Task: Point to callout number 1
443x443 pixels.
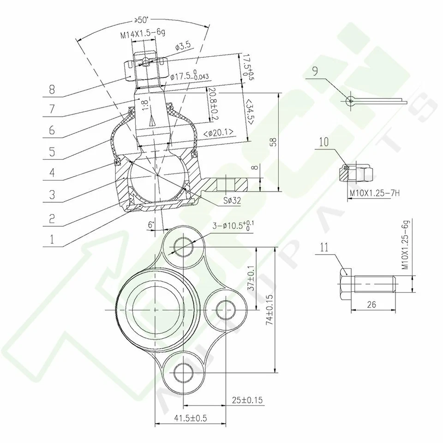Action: [x=51, y=239]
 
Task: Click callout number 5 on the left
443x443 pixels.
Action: [x=51, y=152]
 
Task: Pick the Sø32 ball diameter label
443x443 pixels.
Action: [x=231, y=200]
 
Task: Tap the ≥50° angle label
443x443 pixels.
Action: [x=142, y=21]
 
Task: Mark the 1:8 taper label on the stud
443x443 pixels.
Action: [x=145, y=105]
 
